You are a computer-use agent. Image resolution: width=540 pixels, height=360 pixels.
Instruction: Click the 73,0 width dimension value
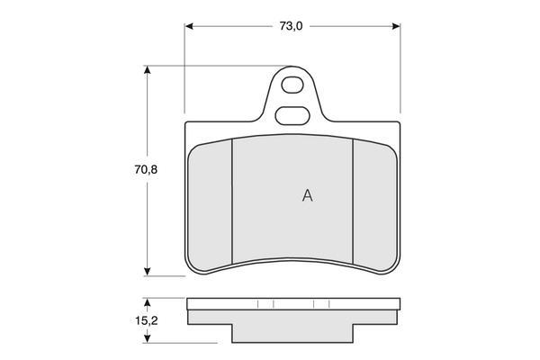click(291, 26)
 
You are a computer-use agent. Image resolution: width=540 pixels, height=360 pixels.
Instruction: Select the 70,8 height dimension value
click(146, 170)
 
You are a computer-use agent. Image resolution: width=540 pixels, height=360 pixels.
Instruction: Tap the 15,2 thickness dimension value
click(146, 320)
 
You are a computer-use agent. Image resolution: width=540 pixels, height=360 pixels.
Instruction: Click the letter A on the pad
click(307, 195)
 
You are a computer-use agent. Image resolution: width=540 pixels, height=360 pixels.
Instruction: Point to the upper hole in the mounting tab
click(292, 85)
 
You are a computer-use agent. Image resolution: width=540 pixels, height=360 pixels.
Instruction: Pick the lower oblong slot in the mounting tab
click(292, 115)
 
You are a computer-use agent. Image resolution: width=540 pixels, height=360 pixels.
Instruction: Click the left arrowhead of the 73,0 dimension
click(189, 26)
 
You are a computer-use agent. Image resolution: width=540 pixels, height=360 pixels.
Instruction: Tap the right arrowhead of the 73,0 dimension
click(396, 26)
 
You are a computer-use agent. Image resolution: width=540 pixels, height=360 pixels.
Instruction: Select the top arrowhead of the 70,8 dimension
click(148, 69)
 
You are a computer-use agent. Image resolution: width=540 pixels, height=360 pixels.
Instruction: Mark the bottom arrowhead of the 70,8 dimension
click(148, 272)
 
